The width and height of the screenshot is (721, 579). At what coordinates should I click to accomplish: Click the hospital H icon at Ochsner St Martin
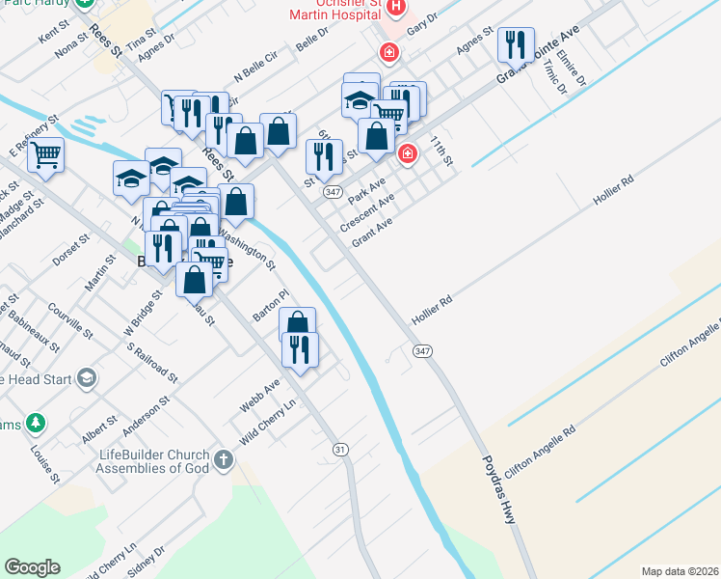click(395, 9)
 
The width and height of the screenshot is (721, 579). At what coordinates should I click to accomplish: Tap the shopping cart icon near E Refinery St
click(45, 154)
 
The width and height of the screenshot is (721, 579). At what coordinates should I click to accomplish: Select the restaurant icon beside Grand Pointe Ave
click(516, 44)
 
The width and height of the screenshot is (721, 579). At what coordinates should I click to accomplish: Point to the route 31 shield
click(339, 450)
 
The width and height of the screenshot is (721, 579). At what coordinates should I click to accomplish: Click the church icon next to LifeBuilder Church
click(224, 459)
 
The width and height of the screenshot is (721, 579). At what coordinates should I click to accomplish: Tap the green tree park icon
click(36, 423)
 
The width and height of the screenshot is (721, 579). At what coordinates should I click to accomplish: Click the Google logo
click(32, 567)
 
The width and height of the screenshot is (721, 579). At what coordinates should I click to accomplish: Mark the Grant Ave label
click(372, 232)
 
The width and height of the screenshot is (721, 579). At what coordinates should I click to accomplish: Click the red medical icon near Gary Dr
click(388, 52)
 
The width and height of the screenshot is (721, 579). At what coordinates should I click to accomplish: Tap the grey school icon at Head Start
click(88, 378)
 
